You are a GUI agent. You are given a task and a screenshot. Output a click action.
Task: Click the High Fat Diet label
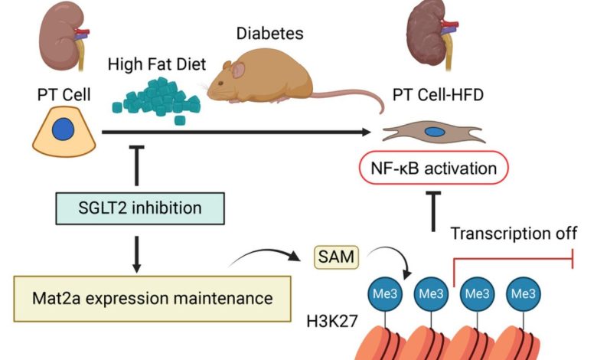coord(157,65)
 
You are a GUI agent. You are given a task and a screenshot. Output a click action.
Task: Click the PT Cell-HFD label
coord(442,97)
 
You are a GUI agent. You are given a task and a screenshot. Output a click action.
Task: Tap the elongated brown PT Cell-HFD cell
coord(433,133)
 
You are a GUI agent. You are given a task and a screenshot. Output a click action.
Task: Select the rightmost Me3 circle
coord(523,293)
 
